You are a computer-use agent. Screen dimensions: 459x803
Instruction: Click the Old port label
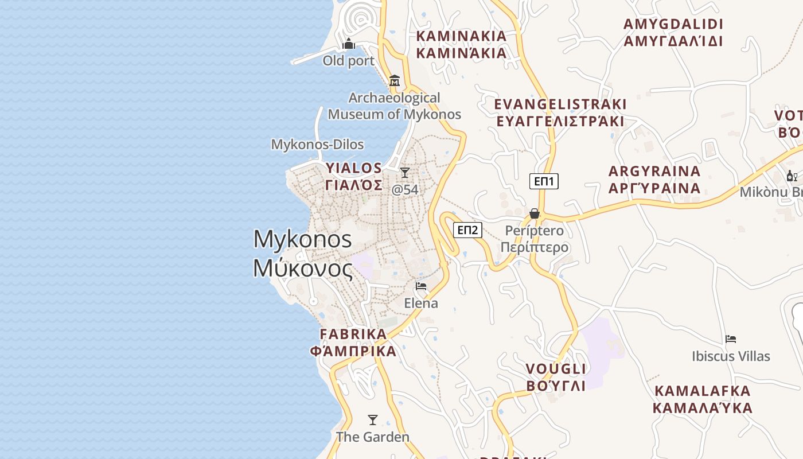coord(348,61)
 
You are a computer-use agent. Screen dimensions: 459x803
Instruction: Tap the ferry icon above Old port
coord(349,44)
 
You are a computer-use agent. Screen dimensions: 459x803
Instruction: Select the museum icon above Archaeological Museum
coord(394,81)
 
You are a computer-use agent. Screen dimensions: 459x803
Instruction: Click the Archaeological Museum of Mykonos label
coord(395,106)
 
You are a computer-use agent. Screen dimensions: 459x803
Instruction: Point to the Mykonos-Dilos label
coord(317,145)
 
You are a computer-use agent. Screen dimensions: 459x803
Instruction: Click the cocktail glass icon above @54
coord(405,172)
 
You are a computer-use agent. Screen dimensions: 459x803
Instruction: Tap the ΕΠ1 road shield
coord(544,182)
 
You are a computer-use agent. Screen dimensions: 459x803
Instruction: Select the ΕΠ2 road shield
coord(468,230)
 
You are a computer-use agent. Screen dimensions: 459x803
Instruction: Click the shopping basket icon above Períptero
coord(535,213)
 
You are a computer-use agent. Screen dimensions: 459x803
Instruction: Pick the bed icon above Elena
coord(421,286)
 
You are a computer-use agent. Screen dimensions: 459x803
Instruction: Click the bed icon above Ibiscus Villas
coord(731,339)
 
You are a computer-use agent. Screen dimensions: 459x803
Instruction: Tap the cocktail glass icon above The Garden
coord(373,420)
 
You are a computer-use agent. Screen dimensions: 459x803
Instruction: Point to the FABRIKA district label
coord(353,343)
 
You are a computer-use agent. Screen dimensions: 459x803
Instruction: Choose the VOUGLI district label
coord(556,377)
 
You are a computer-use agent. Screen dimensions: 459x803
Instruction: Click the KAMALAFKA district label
coord(703,399)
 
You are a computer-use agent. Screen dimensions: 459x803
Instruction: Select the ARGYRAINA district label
coord(654,180)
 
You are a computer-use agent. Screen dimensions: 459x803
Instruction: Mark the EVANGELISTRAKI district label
coord(560,112)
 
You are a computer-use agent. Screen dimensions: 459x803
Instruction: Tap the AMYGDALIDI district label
coord(673,33)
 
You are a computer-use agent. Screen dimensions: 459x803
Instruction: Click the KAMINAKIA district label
coord(462,44)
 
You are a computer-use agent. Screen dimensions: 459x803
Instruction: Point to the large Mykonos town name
coord(303,253)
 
